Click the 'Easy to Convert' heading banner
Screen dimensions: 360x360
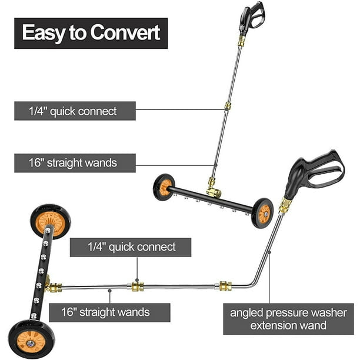coord(91,34)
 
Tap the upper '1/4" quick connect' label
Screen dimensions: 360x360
coord(75,111)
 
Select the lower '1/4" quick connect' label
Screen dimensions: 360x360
coord(131,247)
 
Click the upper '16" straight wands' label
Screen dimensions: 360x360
coord(75,163)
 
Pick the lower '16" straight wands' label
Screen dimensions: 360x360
coord(109,312)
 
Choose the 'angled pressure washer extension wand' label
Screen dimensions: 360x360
coord(288,319)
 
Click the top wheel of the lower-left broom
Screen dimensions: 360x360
coord(50,221)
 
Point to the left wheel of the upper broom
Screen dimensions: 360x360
coord(164,187)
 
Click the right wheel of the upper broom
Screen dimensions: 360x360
coord(262,213)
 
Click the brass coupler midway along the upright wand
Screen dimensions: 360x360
coord(228,106)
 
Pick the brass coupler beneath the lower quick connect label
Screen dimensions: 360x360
coord(138,286)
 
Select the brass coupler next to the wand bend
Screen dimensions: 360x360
coord(225,286)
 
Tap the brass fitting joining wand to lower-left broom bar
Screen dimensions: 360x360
coord(54,287)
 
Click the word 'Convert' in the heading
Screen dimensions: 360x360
coord(125,32)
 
